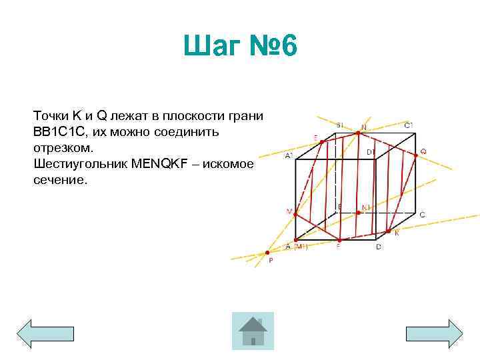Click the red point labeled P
267,253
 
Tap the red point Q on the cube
417,154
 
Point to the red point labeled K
390,231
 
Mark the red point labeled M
296,213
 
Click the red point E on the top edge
323,141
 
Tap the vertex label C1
409,125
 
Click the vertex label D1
371,152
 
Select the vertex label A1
289,155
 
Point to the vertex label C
422,215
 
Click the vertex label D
379,247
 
